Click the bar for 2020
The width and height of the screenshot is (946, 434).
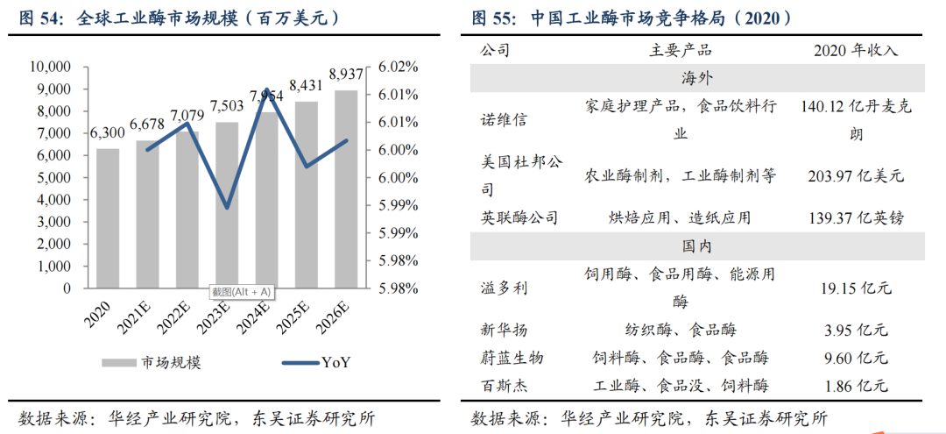(x=108, y=218)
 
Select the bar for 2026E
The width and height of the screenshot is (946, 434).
(x=346, y=189)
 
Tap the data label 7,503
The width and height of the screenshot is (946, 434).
(x=227, y=106)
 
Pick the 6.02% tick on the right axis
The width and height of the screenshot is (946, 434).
(x=399, y=67)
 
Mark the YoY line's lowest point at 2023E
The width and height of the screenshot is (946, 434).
(x=227, y=208)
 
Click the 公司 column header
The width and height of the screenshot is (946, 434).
(x=495, y=51)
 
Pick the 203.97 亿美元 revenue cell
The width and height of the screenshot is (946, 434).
(x=851, y=175)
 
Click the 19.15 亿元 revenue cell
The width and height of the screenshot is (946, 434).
(x=851, y=287)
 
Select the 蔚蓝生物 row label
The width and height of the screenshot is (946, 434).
(x=512, y=358)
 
